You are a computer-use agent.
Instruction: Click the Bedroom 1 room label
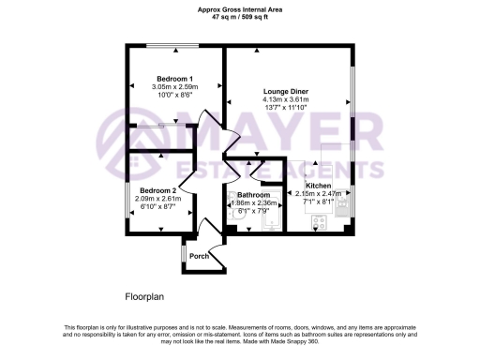pos(175,78)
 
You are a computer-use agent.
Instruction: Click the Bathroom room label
pos(253,194)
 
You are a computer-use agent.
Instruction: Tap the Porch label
pos(199,256)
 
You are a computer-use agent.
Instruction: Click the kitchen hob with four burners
pos(318,223)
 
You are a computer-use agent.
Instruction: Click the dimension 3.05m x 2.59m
pos(175,86)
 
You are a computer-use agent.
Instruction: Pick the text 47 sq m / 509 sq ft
pos(239,17)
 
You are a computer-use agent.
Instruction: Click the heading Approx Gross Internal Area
pos(239,9)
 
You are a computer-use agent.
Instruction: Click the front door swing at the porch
pos(208,228)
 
